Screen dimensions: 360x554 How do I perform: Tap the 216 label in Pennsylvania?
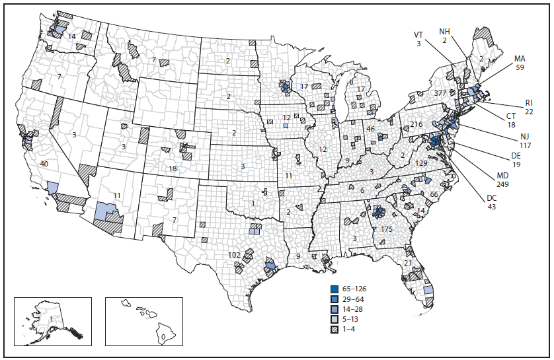416,124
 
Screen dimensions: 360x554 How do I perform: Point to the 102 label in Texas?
234,255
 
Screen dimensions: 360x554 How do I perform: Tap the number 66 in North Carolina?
434,194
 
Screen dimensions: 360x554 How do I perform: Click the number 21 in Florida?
407,263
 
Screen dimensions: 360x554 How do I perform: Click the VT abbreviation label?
418,34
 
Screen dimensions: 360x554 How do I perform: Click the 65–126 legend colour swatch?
336,289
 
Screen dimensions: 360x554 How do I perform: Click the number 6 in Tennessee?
363,190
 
